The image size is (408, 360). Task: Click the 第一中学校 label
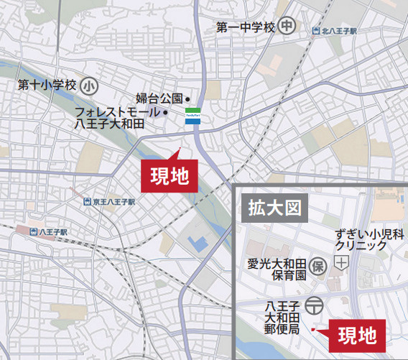point(246,27)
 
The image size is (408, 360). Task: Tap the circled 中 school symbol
point(287,27)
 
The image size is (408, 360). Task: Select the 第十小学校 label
point(47,86)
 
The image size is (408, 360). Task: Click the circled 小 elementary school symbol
point(88,86)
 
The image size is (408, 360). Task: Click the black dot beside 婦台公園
point(187,99)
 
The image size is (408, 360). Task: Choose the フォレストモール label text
point(119,112)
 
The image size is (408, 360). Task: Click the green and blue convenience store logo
point(193,115)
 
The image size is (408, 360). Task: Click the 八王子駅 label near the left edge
point(53,232)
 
